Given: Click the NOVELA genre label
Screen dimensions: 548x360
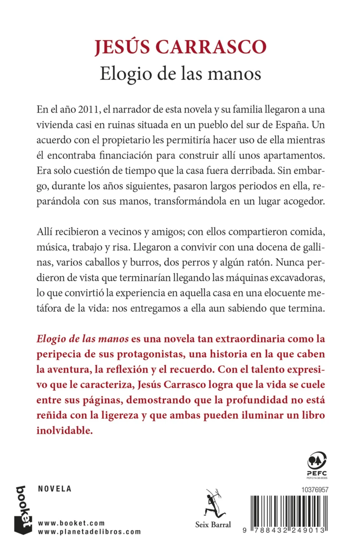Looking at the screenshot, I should pyautogui.click(x=54, y=489).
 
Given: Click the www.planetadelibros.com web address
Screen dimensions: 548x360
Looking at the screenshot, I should pyautogui.click(x=89, y=532).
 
